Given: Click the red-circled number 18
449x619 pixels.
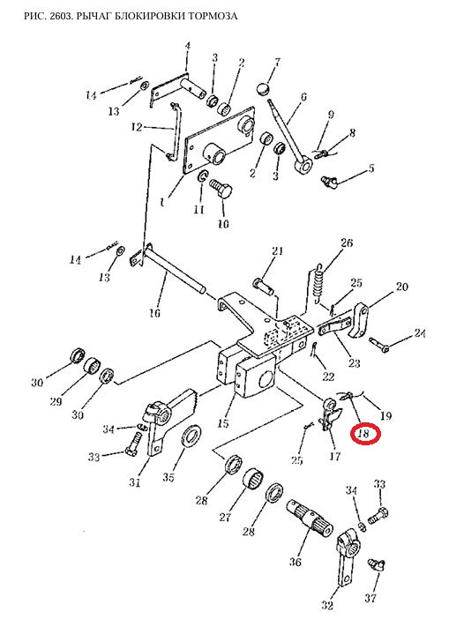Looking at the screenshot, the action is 363,434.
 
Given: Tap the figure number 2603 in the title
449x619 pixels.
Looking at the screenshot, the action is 60,16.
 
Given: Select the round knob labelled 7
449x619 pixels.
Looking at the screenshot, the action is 264,88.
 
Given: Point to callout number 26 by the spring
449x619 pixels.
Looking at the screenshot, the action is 347,242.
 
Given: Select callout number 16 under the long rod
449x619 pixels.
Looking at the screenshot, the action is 154,313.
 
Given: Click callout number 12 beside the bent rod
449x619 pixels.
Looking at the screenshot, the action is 137,128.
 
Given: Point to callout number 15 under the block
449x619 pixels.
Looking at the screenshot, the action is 223,423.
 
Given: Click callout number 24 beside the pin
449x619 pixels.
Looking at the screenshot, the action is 419,333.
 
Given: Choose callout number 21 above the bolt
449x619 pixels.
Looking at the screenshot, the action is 277,250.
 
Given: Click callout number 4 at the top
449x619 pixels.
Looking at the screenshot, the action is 188,46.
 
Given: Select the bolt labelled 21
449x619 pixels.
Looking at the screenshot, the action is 262,287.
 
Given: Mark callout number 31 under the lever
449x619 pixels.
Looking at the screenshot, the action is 135,482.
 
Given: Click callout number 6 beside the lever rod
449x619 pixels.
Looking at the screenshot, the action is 303,97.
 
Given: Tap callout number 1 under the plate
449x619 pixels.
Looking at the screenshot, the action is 162,203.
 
